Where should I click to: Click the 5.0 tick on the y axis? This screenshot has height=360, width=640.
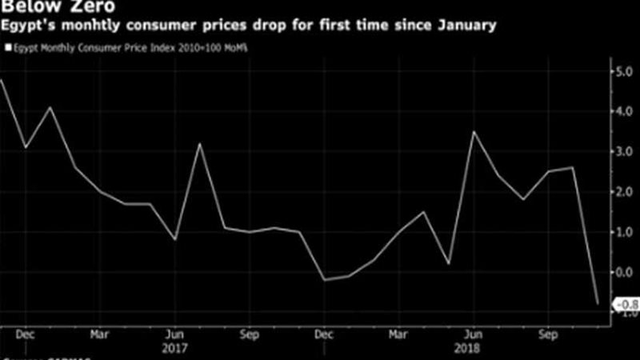622,73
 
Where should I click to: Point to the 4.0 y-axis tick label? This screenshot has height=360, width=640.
622,113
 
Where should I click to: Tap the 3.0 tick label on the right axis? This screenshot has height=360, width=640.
622,152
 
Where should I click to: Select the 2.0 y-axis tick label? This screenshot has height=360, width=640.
622,192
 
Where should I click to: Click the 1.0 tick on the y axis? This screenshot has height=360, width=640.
622,232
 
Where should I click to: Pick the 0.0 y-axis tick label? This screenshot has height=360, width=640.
622,271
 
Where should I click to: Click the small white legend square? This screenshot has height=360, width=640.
6,48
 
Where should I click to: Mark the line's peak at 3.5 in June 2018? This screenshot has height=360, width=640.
474,132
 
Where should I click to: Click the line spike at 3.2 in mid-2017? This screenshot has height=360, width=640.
199,144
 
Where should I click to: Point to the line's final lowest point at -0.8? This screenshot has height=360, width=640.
598,303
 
